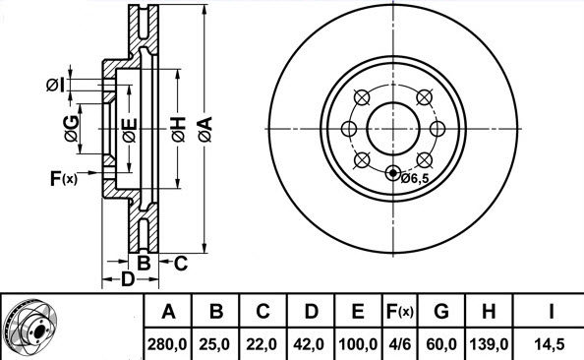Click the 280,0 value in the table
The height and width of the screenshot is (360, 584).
pyautogui.click(x=167, y=344)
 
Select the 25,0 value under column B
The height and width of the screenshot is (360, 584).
pyautogui.click(x=214, y=344)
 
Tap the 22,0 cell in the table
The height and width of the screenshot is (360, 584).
pyautogui.click(x=262, y=344)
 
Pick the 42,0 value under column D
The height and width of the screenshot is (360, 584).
pyautogui.click(x=309, y=344)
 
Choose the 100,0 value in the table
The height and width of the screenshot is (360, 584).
pyautogui.click(x=358, y=344)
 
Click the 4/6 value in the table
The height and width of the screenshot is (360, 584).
pyautogui.click(x=399, y=344)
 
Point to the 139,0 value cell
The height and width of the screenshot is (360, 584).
pyautogui.click(x=489, y=344)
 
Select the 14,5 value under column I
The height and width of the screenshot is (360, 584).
pyautogui.click(x=551, y=344)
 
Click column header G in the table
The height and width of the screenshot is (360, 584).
pyautogui.click(x=441, y=311)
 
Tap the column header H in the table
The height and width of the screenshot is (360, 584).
pyautogui.click(x=489, y=311)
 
